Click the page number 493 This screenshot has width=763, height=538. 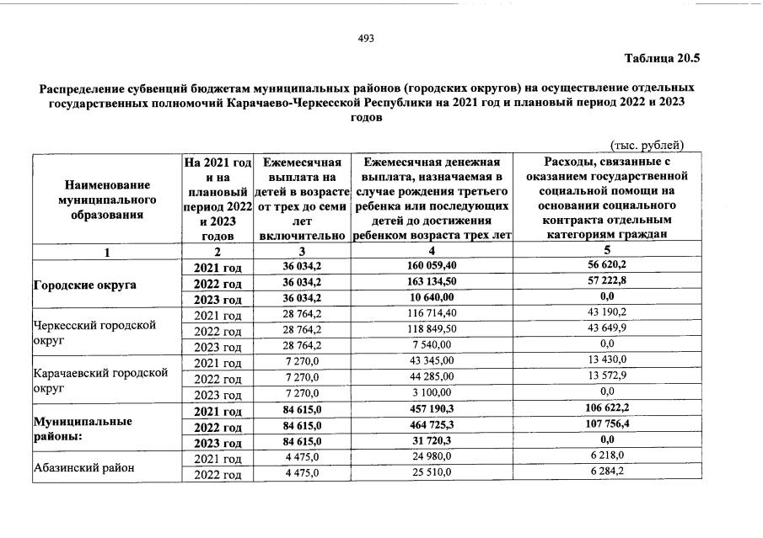point(366,39)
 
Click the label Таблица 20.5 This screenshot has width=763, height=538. point(662,59)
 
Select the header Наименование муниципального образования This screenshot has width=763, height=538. point(105,200)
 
